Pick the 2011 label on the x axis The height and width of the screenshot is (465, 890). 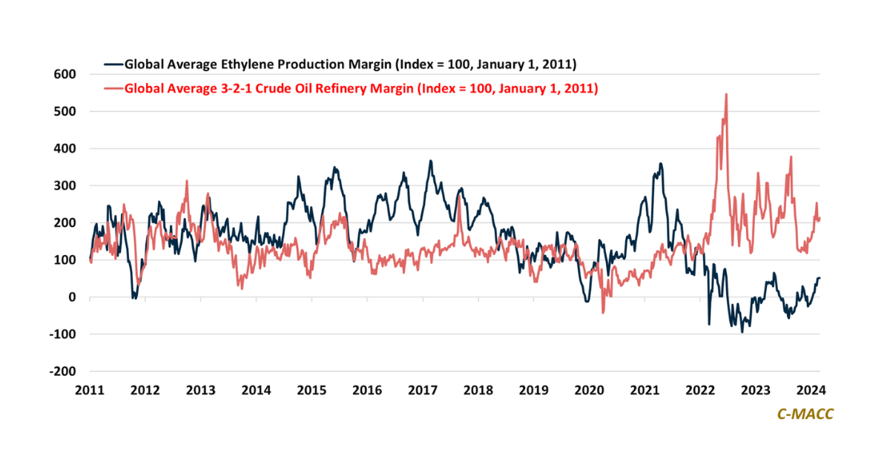(x=90, y=390)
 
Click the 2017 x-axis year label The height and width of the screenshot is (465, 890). (x=423, y=390)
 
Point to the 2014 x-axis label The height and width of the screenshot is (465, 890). (x=256, y=390)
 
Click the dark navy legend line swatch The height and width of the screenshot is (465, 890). (x=113, y=64)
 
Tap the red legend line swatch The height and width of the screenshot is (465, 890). (x=113, y=88)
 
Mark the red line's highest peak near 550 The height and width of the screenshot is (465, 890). (x=726, y=94)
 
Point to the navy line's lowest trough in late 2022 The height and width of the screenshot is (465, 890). (x=742, y=332)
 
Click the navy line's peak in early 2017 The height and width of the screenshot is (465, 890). (x=430, y=161)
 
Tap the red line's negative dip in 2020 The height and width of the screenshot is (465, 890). (x=603, y=312)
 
